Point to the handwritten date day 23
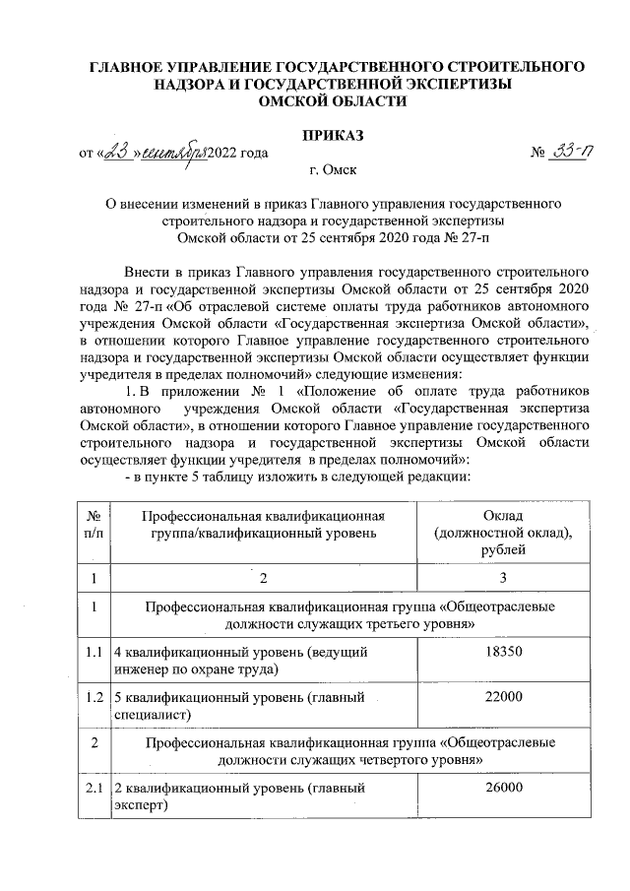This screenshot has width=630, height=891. (118, 153)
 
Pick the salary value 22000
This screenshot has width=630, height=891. (503, 696)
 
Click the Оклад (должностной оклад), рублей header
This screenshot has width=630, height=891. (503, 533)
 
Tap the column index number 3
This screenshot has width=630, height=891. (503, 578)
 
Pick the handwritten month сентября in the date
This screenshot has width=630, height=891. (171, 154)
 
